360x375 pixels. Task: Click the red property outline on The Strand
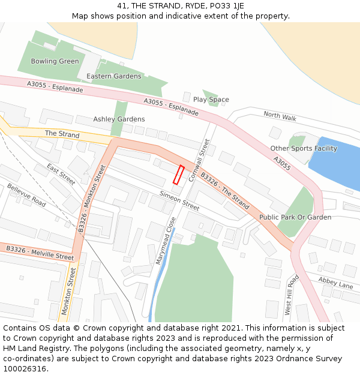[178, 175]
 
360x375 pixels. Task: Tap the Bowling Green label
[55, 61]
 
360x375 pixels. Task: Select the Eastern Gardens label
[114, 76]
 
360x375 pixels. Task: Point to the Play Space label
[211, 100]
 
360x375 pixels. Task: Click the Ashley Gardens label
[119, 119]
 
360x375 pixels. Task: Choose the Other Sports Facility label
[304, 148]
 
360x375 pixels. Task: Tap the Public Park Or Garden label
[295, 217]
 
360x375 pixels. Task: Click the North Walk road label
[280, 115]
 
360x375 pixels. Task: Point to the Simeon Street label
[179, 200]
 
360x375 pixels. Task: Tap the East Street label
[61, 174]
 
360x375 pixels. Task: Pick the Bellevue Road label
[26, 196]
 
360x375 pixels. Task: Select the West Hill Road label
[291, 295]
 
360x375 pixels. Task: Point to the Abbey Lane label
[335, 283]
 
